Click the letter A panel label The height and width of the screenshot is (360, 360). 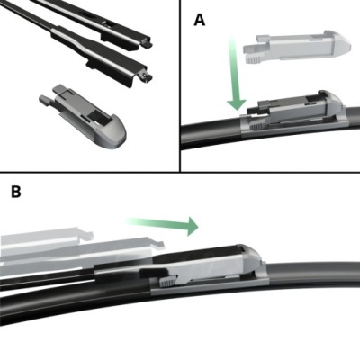(200, 21)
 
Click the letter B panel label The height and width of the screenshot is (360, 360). (16, 192)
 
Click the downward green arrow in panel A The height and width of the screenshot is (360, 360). (236, 74)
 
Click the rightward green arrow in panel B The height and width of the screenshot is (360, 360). (162, 224)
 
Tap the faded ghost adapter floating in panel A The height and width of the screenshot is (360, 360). (297, 47)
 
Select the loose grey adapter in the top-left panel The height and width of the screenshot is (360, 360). (83, 116)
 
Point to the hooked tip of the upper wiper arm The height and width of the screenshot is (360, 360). (147, 43)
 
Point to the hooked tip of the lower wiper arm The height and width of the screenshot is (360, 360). (147, 77)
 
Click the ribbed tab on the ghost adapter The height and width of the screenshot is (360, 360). (254, 58)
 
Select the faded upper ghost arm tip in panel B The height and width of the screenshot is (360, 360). (86, 235)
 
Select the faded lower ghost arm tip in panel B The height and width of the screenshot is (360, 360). (158, 245)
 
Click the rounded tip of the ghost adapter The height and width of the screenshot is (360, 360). (341, 44)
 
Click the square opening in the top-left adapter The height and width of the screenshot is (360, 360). (98, 115)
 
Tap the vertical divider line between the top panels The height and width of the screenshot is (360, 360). (180, 85)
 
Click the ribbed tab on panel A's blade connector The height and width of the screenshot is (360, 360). (256, 126)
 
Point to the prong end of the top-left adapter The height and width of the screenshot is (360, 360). (46, 100)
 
